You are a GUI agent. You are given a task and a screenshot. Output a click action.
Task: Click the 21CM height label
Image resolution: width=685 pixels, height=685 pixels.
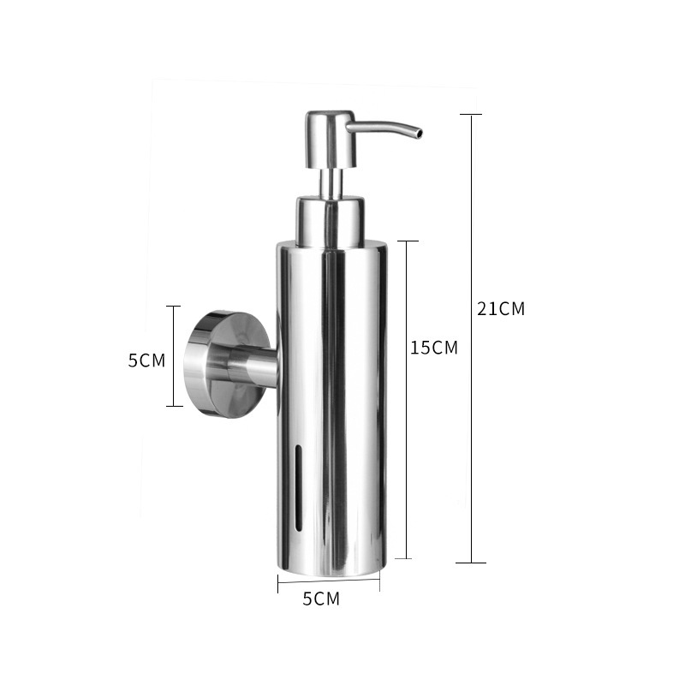(501, 309)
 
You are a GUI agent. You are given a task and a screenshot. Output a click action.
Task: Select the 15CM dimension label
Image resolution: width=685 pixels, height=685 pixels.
(434, 348)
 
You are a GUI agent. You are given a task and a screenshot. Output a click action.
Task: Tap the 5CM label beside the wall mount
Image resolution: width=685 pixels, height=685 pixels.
(146, 360)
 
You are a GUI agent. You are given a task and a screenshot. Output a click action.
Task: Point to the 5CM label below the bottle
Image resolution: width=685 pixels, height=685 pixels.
(321, 599)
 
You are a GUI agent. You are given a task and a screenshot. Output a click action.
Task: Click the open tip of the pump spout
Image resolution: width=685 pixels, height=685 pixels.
(419, 133)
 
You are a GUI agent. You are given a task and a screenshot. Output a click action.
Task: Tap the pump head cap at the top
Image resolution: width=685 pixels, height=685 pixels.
(331, 139)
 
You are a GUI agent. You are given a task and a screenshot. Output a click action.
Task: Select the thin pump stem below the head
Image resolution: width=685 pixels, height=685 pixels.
(331, 182)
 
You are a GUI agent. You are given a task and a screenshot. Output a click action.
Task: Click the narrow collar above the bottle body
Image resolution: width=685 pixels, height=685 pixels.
(331, 220)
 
